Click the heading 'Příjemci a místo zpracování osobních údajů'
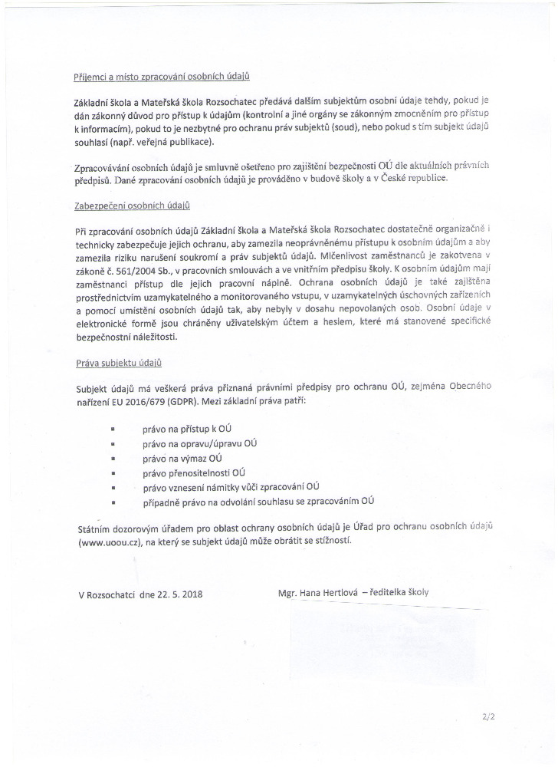click(x=162, y=77)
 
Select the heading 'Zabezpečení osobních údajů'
click(x=133, y=206)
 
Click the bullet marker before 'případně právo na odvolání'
click(x=113, y=502)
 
